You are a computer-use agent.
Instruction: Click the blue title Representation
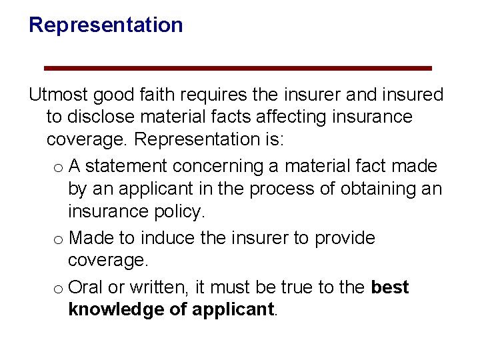click(x=105, y=25)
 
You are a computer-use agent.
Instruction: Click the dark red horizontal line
click(x=238, y=68)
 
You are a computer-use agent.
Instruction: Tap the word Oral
click(x=85, y=287)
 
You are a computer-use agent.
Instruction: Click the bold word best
click(x=389, y=287)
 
